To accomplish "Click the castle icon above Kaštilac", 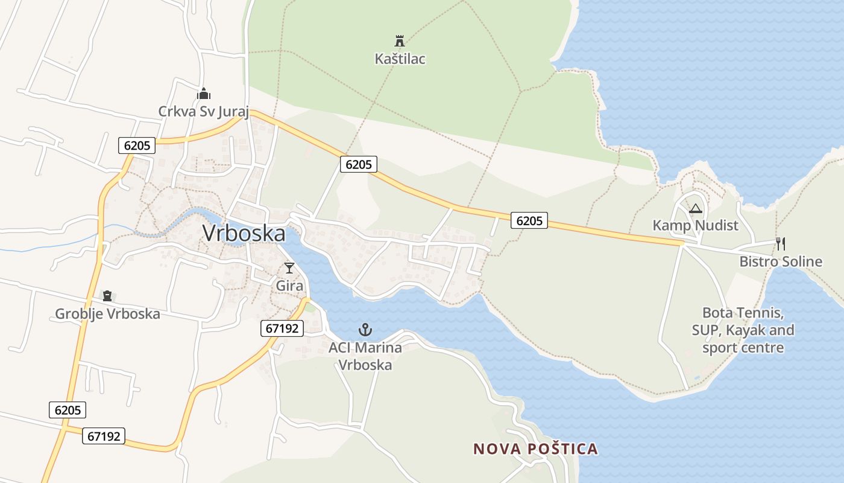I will pyautogui.click(x=399, y=41).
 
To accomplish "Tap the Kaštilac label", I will pyautogui.click(x=400, y=59).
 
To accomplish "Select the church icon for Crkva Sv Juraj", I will pyautogui.click(x=204, y=94).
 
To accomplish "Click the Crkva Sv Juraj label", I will pyautogui.click(x=203, y=112).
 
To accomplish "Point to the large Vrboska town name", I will pyautogui.click(x=244, y=234).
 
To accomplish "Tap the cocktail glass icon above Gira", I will pyautogui.click(x=289, y=268).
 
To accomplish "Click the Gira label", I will pyautogui.click(x=289, y=286).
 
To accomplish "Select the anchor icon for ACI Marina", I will pyautogui.click(x=365, y=330).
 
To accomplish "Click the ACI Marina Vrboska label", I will pyautogui.click(x=365, y=356).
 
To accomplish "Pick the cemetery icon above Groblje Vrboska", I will pyautogui.click(x=107, y=296).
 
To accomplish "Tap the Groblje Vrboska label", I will pyautogui.click(x=107, y=314).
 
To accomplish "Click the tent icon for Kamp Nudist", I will pyautogui.click(x=695, y=209).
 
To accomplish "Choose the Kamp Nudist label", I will pyautogui.click(x=695, y=226).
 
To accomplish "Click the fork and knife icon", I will pyautogui.click(x=781, y=244).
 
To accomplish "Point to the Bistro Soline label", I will pyautogui.click(x=781, y=261).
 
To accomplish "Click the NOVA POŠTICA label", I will pyautogui.click(x=535, y=449).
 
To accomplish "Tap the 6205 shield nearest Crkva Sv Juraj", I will pyautogui.click(x=137, y=145).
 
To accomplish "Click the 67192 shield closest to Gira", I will pyautogui.click(x=282, y=328).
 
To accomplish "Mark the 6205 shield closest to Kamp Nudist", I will pyautogui.click(x=529, y=220).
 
